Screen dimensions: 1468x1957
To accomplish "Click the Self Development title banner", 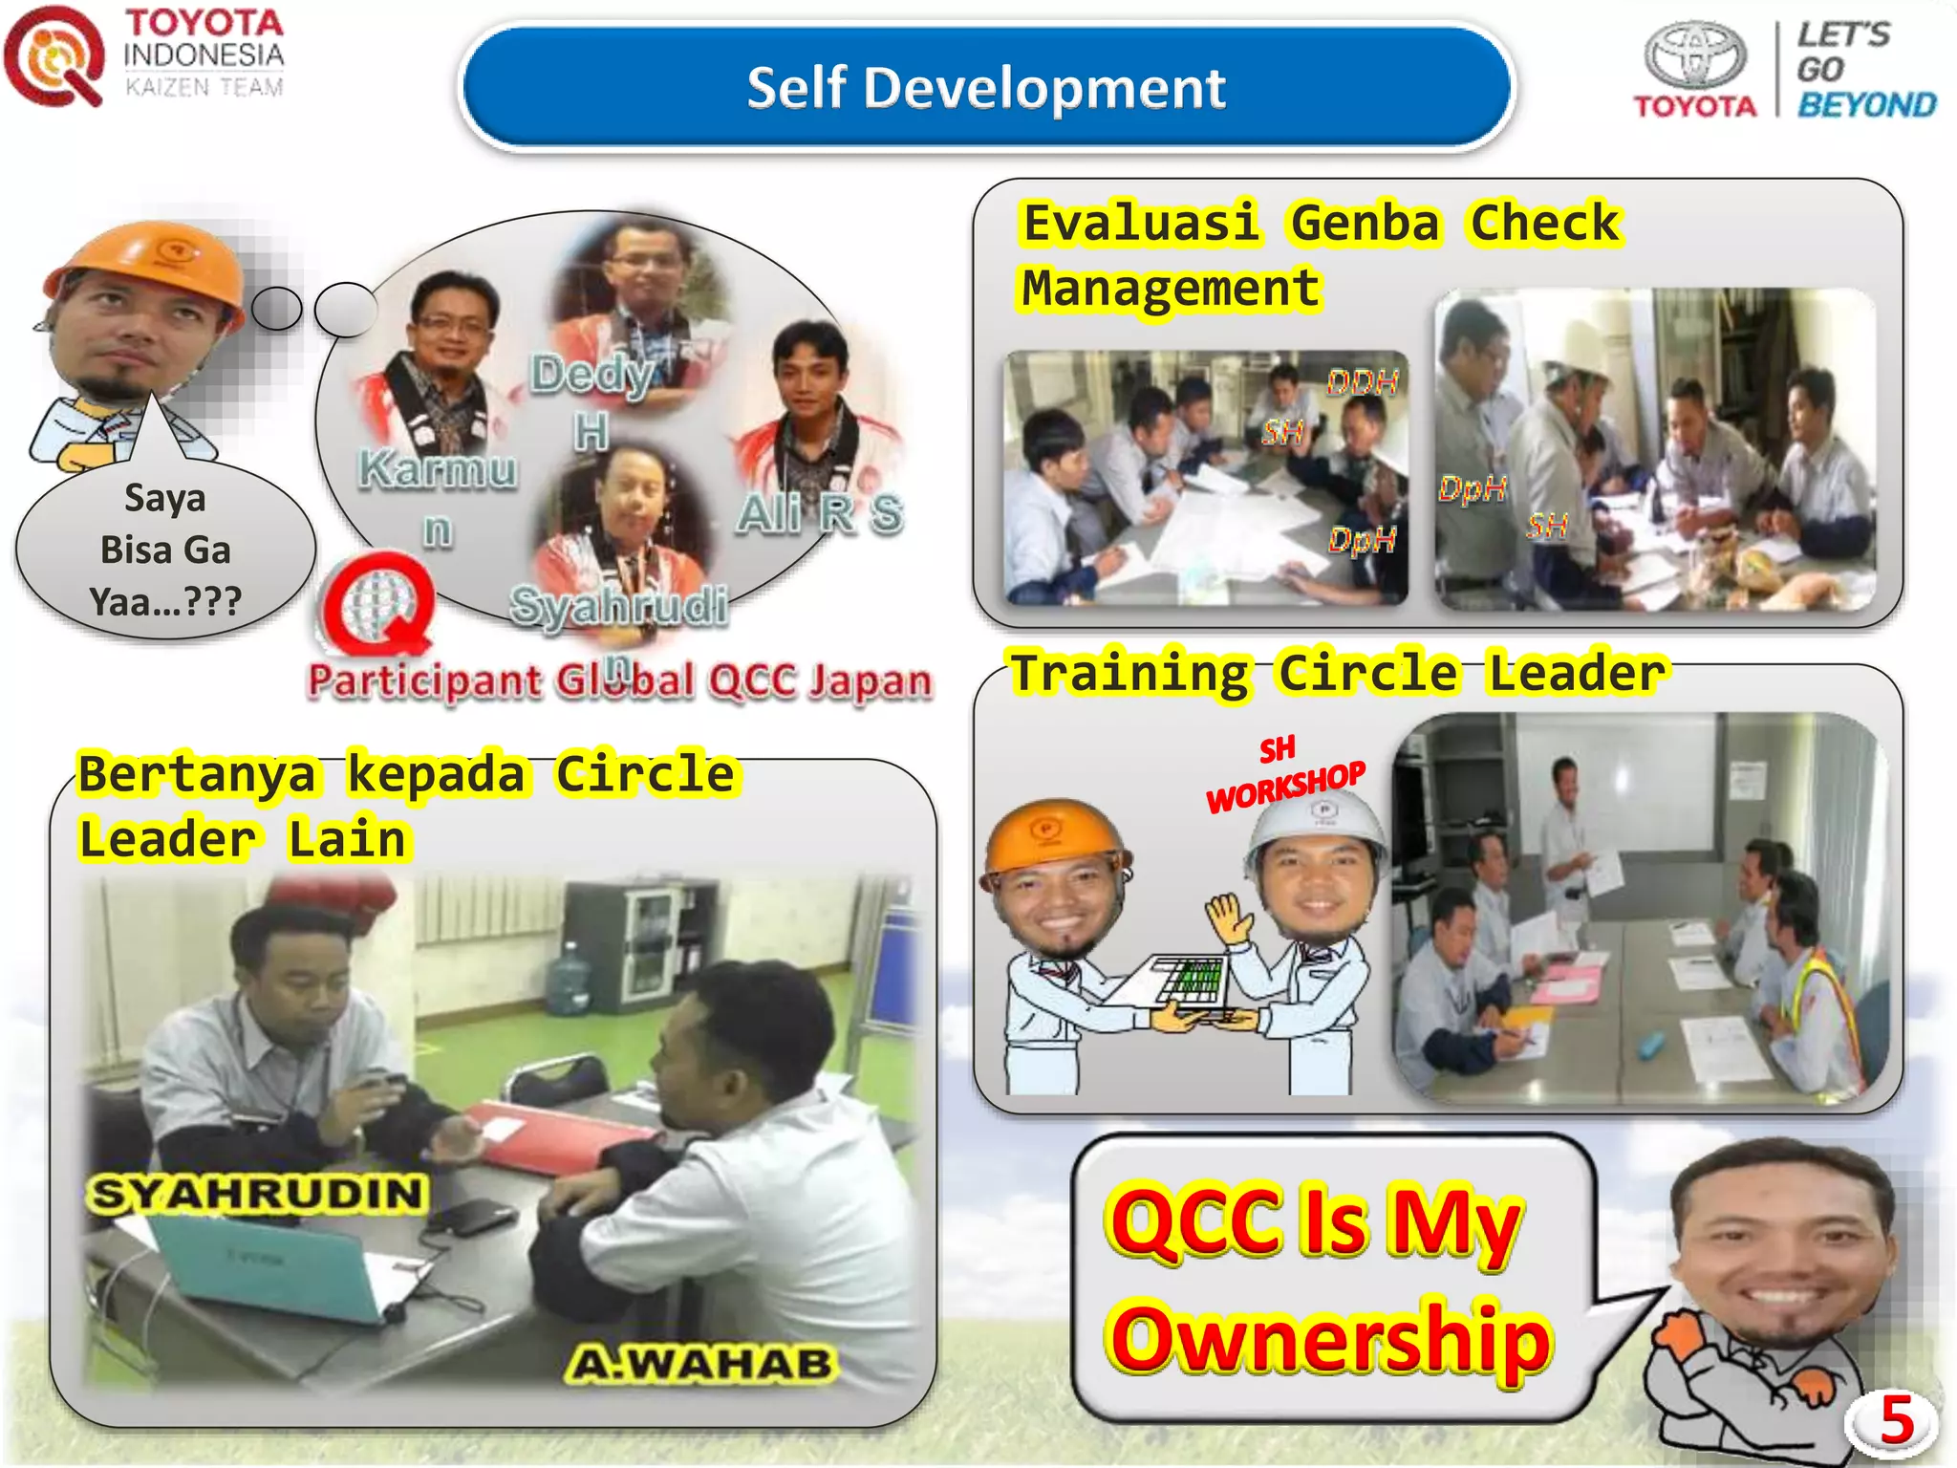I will pos(985,88).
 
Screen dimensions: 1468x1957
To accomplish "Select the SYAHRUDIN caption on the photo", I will pos(256,1195).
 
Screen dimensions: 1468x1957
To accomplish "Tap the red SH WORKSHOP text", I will pos(1284,776).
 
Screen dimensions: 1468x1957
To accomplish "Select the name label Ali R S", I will pos(820,514).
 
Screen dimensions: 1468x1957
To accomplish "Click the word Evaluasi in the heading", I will pos(1140,225).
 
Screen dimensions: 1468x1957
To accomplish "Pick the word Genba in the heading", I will pos(1365,225).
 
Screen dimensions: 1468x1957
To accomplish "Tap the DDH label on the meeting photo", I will pos(1363,383).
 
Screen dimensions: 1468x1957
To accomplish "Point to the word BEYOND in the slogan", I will pos(1867,105).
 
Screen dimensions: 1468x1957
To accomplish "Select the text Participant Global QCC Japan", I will pos(619,681).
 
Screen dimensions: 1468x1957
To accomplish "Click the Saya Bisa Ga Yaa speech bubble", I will pos(165,550).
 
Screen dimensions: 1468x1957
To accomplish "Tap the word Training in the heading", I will pos(1130,673).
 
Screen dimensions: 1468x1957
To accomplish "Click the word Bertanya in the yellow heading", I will pos(197,774).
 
